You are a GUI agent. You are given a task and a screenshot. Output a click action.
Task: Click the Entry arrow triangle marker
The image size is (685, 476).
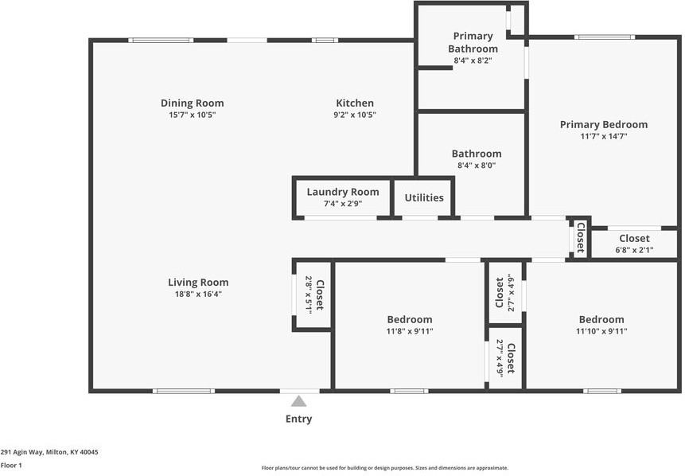[298, 401]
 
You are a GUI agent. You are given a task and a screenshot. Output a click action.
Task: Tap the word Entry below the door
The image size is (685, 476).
[298, 419]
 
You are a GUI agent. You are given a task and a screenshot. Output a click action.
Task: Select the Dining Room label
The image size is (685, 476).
[192, 103]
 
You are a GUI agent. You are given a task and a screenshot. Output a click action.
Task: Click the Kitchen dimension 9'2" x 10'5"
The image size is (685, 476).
[355, 115]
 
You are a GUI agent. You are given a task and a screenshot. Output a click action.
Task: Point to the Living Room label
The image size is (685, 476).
[198, 282]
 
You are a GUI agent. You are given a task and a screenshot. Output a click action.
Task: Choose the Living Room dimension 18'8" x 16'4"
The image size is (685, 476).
[198, 294]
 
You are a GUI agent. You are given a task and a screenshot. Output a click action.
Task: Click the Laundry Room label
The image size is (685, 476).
[343, 192]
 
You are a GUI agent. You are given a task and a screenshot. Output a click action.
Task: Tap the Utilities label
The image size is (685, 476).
[424, 197]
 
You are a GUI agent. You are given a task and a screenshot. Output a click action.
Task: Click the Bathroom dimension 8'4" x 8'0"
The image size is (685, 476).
[477, 166]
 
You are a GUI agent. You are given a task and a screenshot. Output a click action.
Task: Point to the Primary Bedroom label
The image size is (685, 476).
[603, 124]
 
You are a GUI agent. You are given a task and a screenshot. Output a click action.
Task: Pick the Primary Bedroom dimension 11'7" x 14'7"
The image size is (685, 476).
[603, 136]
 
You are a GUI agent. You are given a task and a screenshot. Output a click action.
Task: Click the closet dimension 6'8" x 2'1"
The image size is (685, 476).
[634, 250]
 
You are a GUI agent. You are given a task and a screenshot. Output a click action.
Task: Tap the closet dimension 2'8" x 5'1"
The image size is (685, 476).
[309, 295]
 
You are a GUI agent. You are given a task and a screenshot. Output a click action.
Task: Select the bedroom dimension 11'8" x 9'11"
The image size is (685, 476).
[410, 331]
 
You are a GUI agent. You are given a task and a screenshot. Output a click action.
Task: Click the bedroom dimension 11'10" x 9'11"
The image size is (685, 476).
[601, 331]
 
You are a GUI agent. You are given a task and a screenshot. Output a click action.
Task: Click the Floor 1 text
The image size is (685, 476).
[11, 465]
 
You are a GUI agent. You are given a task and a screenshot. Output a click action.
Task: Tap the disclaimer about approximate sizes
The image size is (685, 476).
[385, 468]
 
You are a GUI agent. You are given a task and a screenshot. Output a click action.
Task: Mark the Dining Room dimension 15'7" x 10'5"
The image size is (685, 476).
[192, 115]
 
